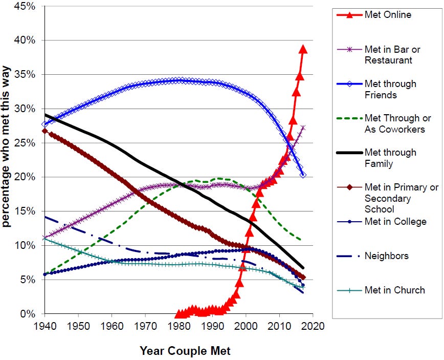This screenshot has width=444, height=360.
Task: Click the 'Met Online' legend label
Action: [x=388, y=15]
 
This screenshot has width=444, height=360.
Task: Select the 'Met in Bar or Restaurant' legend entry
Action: [x=392, y=55]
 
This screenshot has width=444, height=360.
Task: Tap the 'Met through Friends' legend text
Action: [x=390, y=89]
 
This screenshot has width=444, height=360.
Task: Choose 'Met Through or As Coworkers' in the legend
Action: [x=394, y=123]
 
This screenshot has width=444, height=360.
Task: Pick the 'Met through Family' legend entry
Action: [x=390, y=158]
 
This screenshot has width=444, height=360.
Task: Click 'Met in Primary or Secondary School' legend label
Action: [x=402, y=198]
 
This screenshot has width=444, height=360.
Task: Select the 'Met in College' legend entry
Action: [x=395, y=221]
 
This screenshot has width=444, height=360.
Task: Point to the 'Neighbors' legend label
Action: [x=386, y=256]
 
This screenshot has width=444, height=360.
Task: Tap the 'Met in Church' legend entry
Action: [x=394, y=290]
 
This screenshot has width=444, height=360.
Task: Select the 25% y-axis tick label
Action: [x=25, y=143]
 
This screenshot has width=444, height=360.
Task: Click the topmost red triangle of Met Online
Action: [x=303, y=49]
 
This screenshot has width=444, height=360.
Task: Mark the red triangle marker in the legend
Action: [x=349, y=15]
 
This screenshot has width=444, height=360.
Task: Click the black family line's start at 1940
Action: [x=45, y=115]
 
